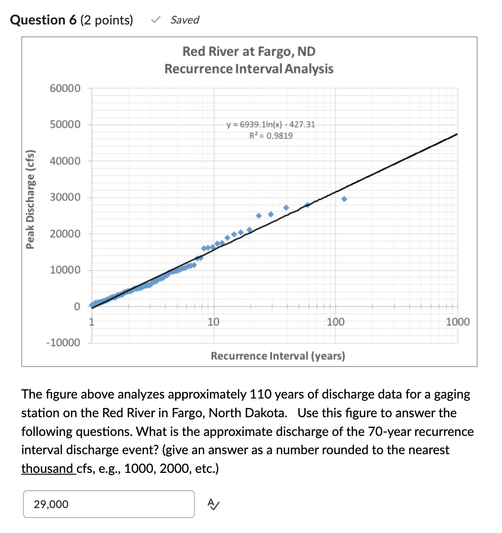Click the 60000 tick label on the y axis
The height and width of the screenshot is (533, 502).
pyautogui.click(x=65, y=88)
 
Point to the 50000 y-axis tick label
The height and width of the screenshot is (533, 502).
pyautogui.click(x=65, y=124)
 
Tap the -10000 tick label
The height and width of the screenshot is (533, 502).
pyautogui.click(x=63, y=342)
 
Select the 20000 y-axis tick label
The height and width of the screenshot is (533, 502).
pyautogui.click(x=65, y=233)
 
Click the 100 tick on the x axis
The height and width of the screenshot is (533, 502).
pyautogui.click(x=335, y=321)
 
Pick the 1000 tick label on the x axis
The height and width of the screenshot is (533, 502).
pyautogui.click(x=457, y=321)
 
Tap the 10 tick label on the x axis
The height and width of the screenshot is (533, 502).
pyautogui.click(x=213, y=321)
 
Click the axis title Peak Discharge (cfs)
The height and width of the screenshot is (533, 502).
pyautogui.click(x=30, y=199)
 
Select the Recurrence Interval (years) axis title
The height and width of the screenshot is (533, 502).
pyautogui.click(x=278, y=356)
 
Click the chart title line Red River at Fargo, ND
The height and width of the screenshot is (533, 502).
pyautogui.click(x=249, y=51)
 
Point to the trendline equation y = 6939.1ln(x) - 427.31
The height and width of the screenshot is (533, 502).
pyautogui.click(x=271, y=124)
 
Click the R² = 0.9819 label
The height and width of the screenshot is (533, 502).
pyautogui.click(x=271, y=136)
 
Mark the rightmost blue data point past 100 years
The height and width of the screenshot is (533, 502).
pyautogui.click(x=344, y=199)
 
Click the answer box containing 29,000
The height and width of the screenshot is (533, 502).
pyautogui.click(x=108, y=504)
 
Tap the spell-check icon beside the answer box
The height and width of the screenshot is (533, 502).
pyautogui.click(x=213, y=504)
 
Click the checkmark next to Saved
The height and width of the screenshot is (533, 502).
pyautogui.click(x=155, y=20)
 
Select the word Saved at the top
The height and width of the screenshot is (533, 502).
pyautogui.click(x=184, y=20)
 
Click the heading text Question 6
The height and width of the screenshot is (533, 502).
pyautogui.click(x=43, y=20)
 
